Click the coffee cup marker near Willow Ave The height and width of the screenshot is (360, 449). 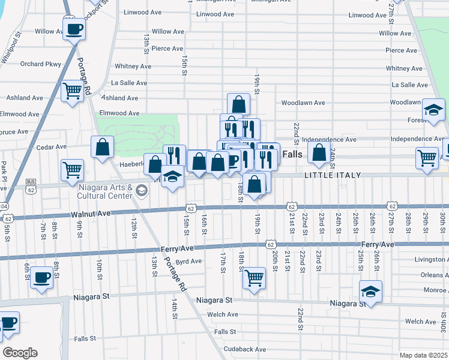click(74, 28)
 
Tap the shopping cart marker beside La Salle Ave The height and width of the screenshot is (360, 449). click(72, 92)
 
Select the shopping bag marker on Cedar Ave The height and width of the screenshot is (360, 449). click(102, 146)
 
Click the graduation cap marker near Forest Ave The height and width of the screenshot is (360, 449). click(433, 110)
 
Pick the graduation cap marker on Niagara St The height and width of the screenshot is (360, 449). click(371, 292)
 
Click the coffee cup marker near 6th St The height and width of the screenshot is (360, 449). click(41, 278)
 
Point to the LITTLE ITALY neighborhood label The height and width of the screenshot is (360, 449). click(332, 175)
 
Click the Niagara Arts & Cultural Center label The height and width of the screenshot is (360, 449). click(105, 191)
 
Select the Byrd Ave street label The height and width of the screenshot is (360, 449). click(188, 262)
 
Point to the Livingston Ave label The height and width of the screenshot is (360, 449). click(430, 259)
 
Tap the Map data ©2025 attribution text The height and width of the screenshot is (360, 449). click(423, 355)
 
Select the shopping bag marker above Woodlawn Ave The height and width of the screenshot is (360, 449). click(238, 103)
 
